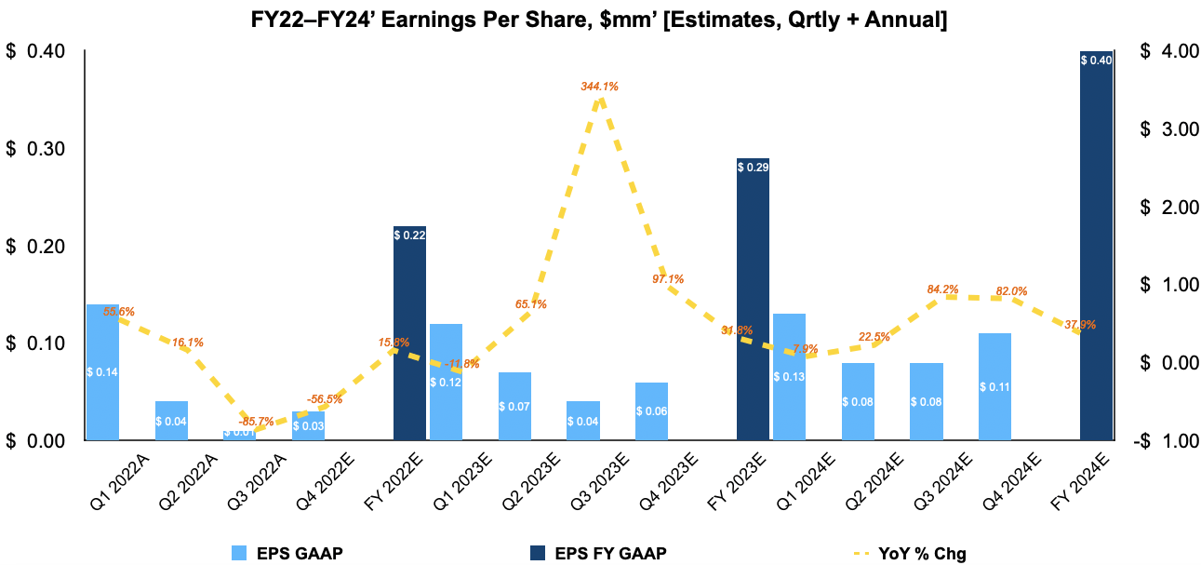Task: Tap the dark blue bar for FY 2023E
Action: (x=753, y=299)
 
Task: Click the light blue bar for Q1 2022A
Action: (x=102, y=371)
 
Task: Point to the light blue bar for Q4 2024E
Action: (x=994, y=386)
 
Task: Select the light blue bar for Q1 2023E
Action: (x=446, y=382)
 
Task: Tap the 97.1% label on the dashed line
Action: (x=668, y=279)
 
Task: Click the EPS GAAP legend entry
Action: (x=288, y=554)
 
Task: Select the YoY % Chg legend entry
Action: (x=911, y=554)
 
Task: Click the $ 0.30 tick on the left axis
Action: (x=36, y=149)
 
